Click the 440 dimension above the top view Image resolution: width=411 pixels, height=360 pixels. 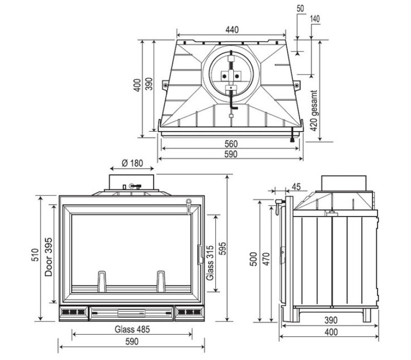[x=232, y=30]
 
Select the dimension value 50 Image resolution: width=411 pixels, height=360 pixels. [x=300, y=9]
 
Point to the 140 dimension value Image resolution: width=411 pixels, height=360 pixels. [x=315, y=19]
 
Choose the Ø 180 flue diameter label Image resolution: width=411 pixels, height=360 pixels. [x=132, y=164]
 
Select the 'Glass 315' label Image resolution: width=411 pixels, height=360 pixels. [x=210, y=262]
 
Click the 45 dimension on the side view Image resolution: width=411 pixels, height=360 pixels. [x=296, y=186]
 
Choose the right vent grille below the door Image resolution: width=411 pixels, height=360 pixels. [x=189, y=312]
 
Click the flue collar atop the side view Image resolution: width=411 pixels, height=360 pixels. [x=344, y=183]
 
